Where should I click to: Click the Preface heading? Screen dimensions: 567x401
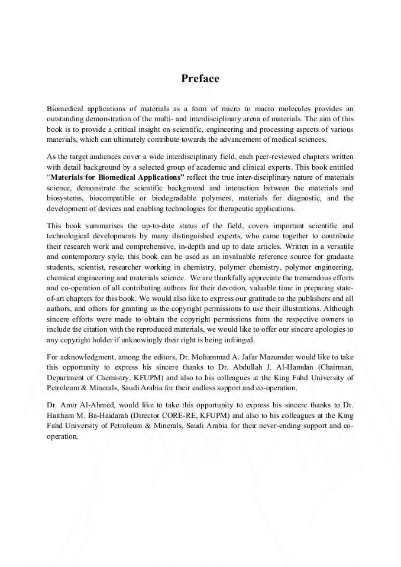[x=200, y=79]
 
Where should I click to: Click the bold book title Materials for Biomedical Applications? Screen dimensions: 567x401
[x=117, y=177]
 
